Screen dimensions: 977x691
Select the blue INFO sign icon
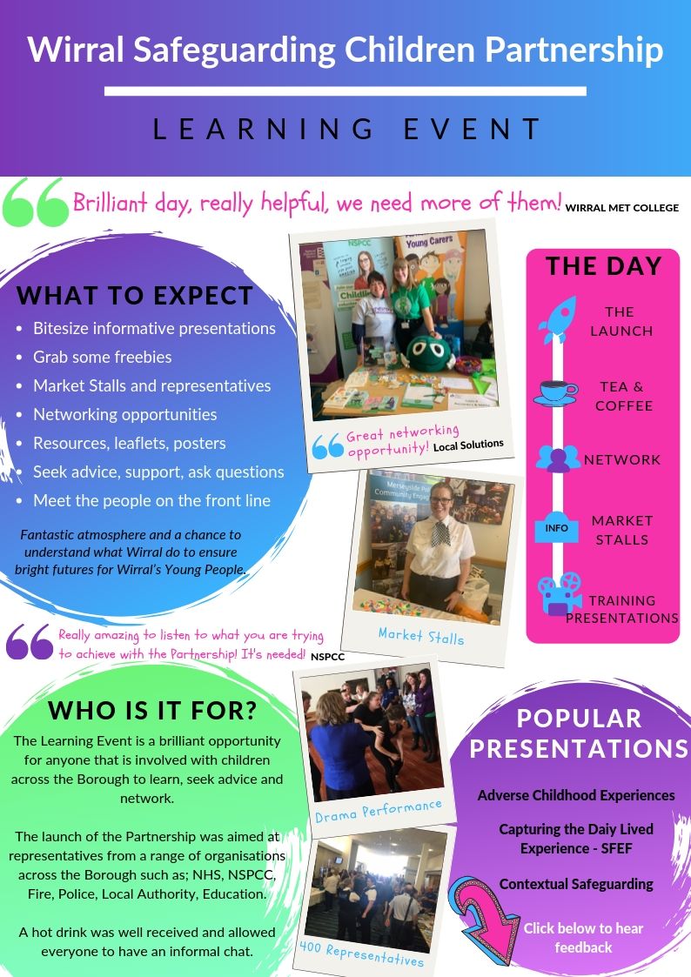click(x=556, y=527)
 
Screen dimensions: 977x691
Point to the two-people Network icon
click(x=558, y=458)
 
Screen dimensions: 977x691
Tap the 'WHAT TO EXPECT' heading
click(x=134, y=296)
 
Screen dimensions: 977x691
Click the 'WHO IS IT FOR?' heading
click(x=152, y=710)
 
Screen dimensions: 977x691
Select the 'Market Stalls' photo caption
click(x=421, y=636)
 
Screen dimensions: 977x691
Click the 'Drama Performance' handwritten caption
click(x=378, y=811)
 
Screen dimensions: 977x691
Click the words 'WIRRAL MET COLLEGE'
click(x=621, y=208)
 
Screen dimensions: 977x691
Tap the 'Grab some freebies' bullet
click(x=103, y=357)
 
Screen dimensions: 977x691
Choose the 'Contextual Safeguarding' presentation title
click(x=576, y=884)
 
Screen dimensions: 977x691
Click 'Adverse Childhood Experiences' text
click(x=576, y=795)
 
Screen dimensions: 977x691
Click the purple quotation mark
click(x=30, y=642)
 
